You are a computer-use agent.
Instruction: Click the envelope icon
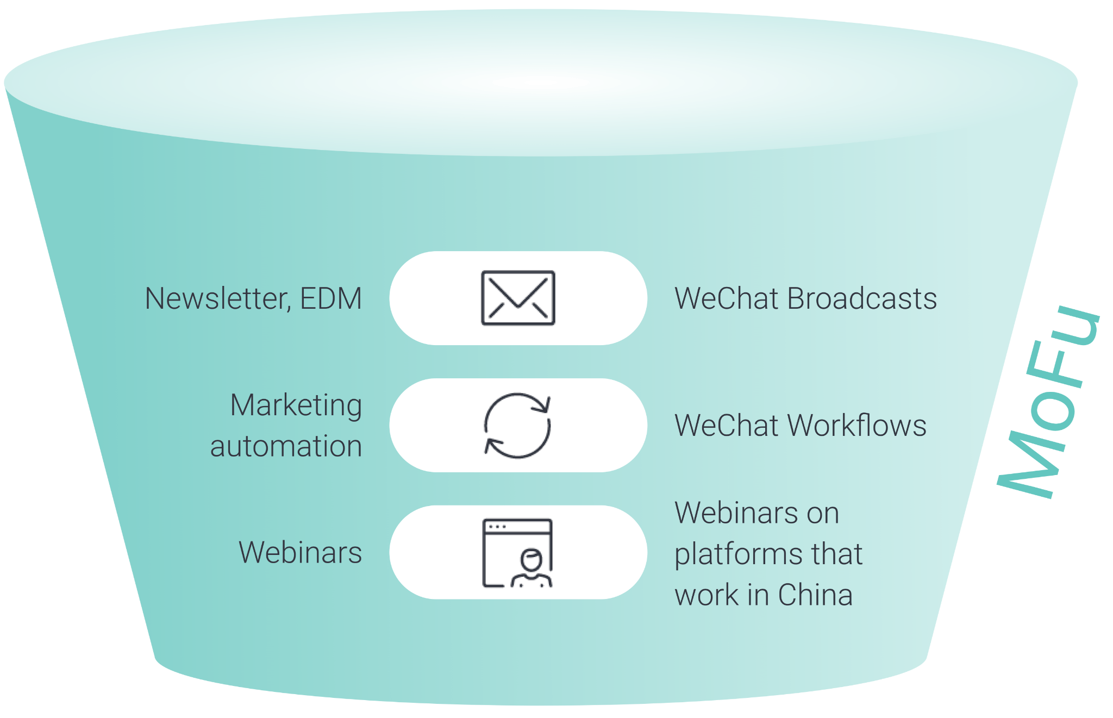518,298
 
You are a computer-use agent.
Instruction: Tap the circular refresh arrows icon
517,426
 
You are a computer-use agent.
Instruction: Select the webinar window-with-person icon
517,553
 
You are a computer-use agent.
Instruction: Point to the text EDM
331,298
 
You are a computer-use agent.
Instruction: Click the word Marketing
296,405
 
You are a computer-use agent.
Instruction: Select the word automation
286,446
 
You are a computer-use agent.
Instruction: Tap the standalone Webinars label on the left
300,553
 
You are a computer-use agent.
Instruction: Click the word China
815,595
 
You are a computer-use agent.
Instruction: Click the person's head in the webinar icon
531,559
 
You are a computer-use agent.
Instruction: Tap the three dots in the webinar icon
497,527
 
